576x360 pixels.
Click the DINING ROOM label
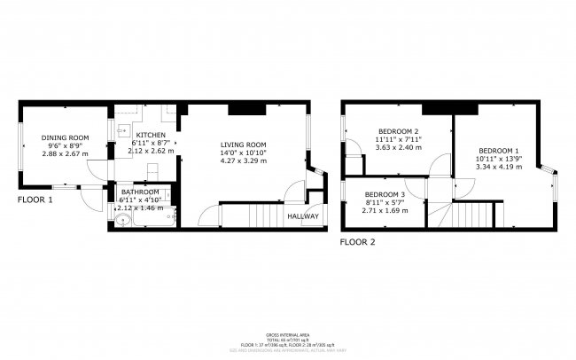[66, 137]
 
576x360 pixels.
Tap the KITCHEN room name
[148, 134]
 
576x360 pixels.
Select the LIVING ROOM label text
[244, 145]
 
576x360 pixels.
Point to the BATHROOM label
[141, 192]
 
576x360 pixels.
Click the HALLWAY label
[301, 215]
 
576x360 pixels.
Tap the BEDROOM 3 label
[384, 194]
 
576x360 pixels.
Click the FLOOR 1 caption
[35, 200]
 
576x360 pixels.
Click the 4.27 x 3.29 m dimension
[244, 160]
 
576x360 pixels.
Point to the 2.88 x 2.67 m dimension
[66, 153]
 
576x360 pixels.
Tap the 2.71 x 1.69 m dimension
[384, 210]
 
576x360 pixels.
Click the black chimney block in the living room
[245, 109]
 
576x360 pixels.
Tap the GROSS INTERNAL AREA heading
[288, 335]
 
